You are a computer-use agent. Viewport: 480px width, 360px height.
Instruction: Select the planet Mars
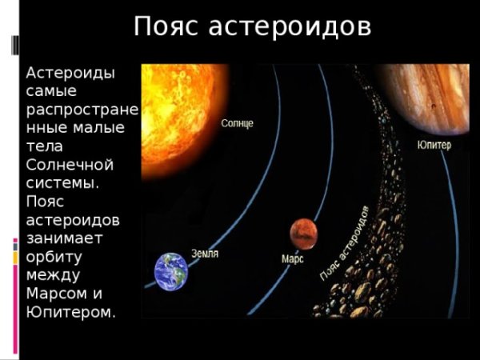coord(304,234)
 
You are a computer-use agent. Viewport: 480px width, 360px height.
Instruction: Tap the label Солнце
coord(238,124)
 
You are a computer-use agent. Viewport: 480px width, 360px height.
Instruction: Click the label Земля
coord(205,254)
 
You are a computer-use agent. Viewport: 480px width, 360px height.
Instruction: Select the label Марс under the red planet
coord(293,259)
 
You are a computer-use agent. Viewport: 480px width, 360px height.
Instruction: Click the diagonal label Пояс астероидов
coord(344,244)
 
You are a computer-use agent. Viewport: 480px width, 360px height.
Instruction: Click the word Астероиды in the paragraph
coord(70,73)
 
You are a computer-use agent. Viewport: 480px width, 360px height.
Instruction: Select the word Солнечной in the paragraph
coord(70,165)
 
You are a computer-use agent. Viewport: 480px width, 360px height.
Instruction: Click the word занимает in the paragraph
coord(64,238)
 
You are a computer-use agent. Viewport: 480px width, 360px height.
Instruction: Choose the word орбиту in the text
coord(54,257)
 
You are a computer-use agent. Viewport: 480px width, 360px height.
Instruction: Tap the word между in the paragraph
coord(51,275)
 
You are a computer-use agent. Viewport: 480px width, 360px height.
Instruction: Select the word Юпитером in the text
coord(70,312)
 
